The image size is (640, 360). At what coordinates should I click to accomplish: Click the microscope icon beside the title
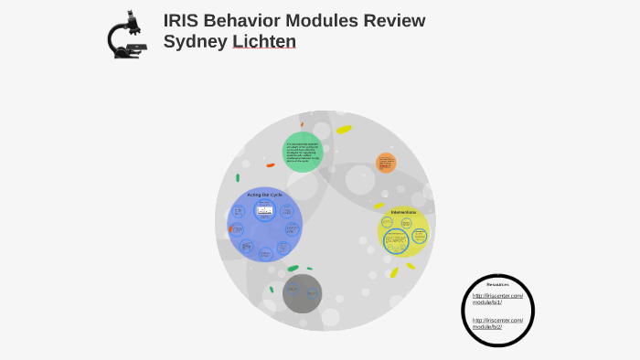pos(128,36)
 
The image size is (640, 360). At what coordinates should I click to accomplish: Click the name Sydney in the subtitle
pos(196,42)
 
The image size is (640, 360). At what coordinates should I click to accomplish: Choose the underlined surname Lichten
pos(263,42)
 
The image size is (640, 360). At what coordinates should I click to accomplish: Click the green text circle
pos(303,151)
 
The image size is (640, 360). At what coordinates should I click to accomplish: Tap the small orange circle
pos(386,164)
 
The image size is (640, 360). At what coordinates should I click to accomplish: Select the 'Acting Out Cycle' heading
pos(264,195)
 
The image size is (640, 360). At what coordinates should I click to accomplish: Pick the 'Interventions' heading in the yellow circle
pos(403,213)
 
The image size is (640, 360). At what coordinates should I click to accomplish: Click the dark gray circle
pos(302,293)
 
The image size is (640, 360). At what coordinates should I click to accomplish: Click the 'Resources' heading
pos(497,284)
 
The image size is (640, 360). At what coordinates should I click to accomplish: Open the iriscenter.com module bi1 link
pos(498,299)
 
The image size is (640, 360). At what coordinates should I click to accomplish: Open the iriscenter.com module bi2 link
pos(498,323)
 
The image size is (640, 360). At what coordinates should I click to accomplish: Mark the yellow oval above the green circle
pos(344,130)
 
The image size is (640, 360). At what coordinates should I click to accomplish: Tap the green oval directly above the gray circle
pos(293,269)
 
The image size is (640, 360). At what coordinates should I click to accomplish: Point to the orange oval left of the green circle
pos(271,165)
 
